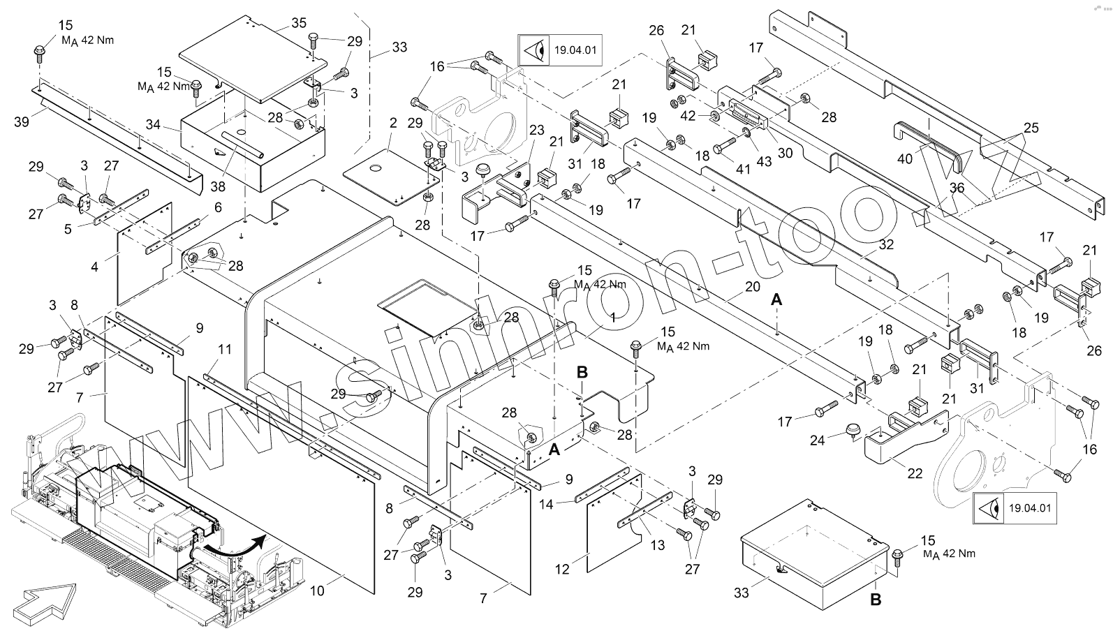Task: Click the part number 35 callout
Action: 299,23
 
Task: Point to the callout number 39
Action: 22,121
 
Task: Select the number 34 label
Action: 153,125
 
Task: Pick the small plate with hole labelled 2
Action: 391,175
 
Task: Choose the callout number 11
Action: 224,348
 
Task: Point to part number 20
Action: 752,286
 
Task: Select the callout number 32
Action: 886,245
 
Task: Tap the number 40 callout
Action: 905,159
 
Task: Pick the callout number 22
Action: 915,473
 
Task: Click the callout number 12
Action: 562,568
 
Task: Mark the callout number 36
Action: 957,188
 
